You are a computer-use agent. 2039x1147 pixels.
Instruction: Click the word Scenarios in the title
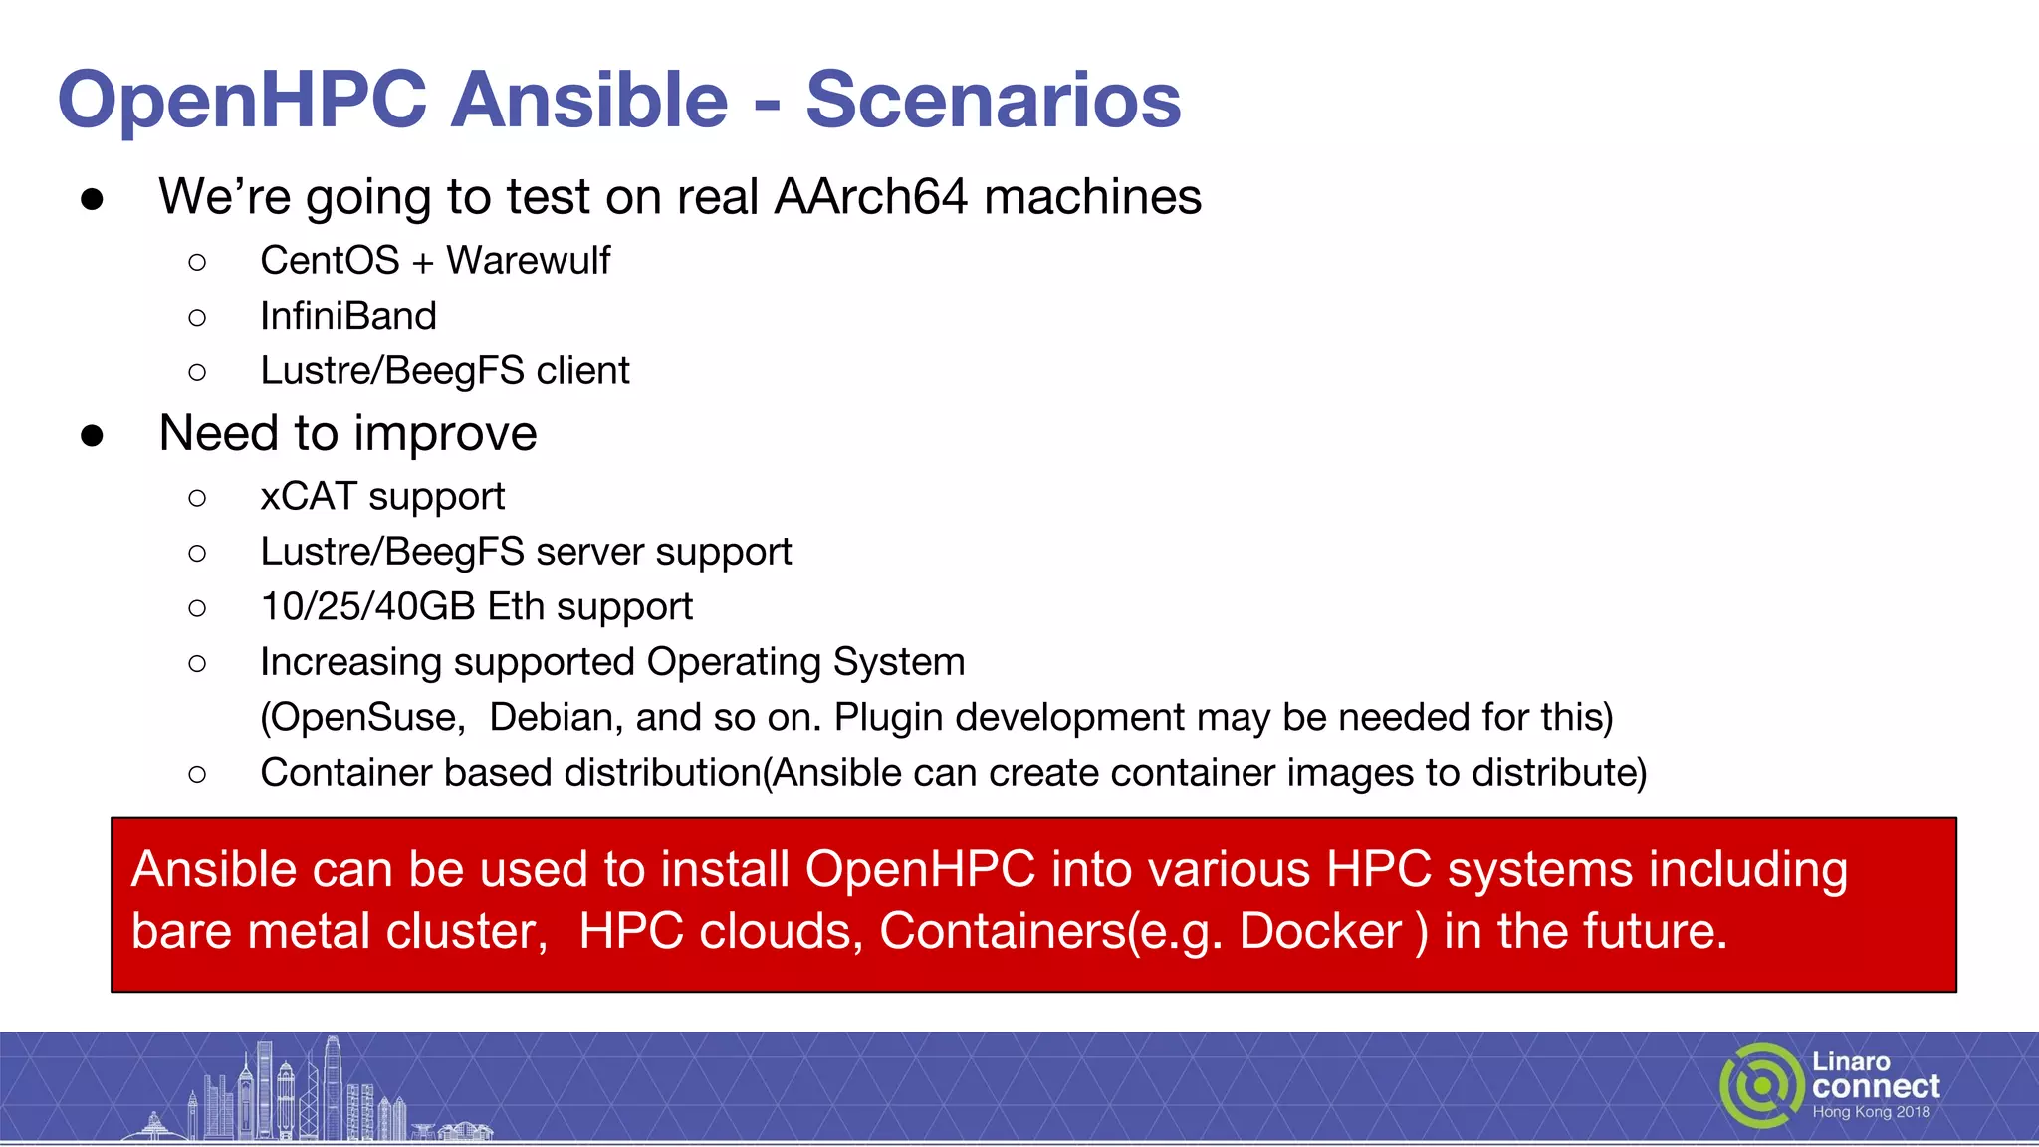tap(993, 101)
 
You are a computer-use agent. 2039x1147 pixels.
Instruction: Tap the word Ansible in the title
tap(589, 101)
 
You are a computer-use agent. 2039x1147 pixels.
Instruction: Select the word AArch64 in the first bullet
tap(871, 197)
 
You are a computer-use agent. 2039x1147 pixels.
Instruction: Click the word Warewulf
tap(528, 261)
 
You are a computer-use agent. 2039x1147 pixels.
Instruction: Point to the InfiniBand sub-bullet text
tap(348, 317)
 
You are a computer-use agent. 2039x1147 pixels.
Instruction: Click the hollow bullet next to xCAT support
tap(197, 498)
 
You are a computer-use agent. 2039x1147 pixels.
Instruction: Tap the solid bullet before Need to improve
tap(93, 435)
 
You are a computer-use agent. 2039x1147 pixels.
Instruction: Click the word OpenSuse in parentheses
tap(362, 718)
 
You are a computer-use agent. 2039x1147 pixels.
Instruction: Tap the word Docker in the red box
tap(1320, 932)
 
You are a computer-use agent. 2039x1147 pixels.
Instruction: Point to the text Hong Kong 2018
tap(1871, 1112)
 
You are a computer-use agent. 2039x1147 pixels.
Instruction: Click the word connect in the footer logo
tap(1876, 1086)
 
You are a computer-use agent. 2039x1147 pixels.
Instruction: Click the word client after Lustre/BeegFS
tap(582, 371)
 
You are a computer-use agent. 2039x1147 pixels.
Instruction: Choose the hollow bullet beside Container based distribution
tap(197, 774)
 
